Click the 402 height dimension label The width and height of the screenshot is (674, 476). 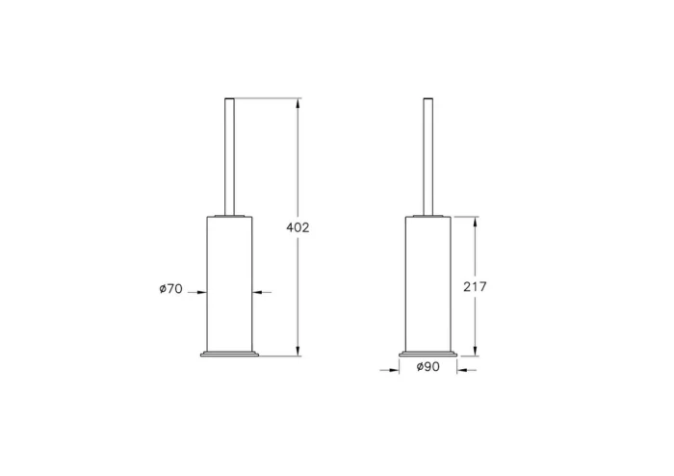[298, 227]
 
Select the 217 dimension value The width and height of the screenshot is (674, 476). [475, 286]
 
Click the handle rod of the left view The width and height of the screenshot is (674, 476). [229, 154]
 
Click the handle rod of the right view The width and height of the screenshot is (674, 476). [427, 154]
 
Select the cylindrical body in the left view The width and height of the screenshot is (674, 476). [229, 279]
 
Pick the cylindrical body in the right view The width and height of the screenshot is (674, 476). [427, 279]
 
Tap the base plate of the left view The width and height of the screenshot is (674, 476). [229, 352]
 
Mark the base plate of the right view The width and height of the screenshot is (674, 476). [427, 352]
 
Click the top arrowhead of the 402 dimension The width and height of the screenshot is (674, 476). [298, 102]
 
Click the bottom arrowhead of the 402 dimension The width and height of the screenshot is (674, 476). [298, 351]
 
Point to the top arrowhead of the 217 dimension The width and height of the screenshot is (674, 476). [475, 221]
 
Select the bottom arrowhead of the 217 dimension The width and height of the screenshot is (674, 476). [475, 351]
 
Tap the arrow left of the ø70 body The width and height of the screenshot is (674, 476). [201, 292]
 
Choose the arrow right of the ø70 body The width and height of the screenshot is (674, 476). [258, 292]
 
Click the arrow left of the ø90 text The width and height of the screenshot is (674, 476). [396, 367]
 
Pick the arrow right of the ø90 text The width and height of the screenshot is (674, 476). [459, 367]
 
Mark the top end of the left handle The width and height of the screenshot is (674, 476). [229, 99]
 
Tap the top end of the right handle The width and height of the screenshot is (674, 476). [427, 99]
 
